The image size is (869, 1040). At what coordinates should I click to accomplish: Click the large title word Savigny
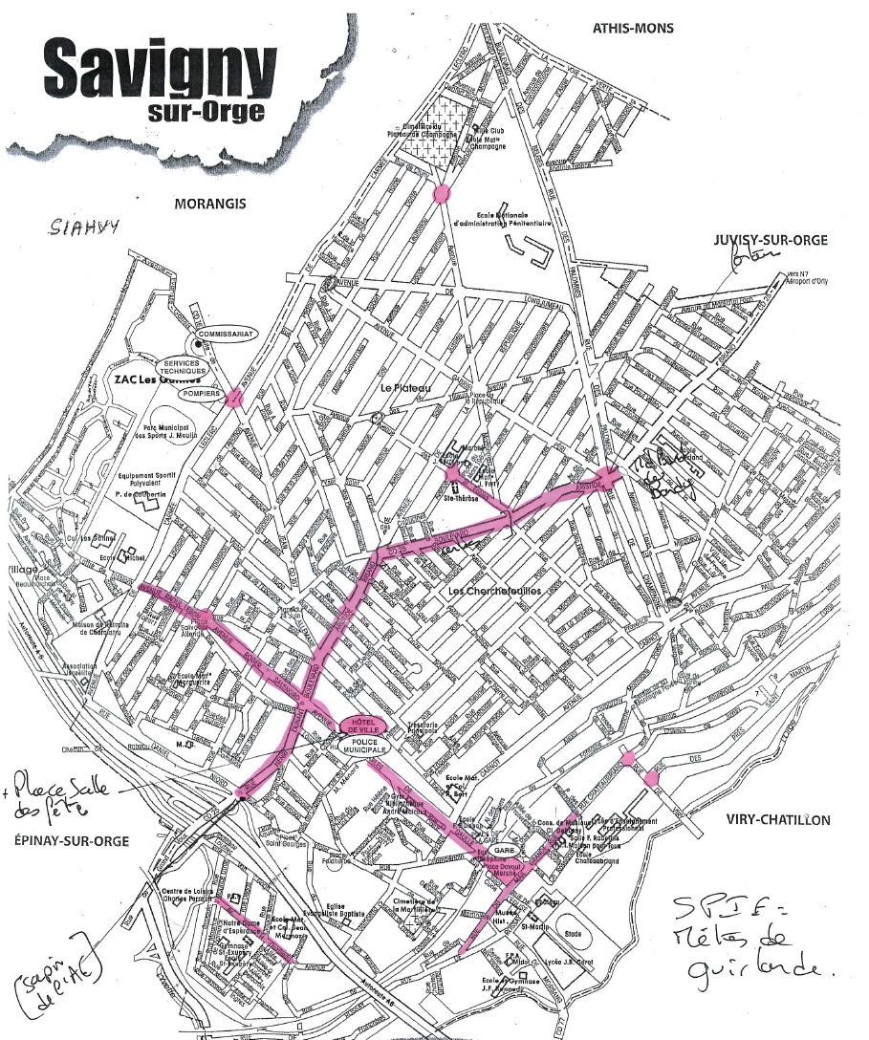[160, 67]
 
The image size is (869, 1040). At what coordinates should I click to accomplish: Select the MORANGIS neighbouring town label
[210, 204]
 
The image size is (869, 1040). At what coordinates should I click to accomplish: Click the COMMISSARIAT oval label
[223, 334]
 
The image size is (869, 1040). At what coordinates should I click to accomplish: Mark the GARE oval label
[504, 850]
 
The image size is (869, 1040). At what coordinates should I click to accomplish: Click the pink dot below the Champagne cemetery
[441, 194]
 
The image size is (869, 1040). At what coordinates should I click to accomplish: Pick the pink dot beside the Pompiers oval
[230, 399]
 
